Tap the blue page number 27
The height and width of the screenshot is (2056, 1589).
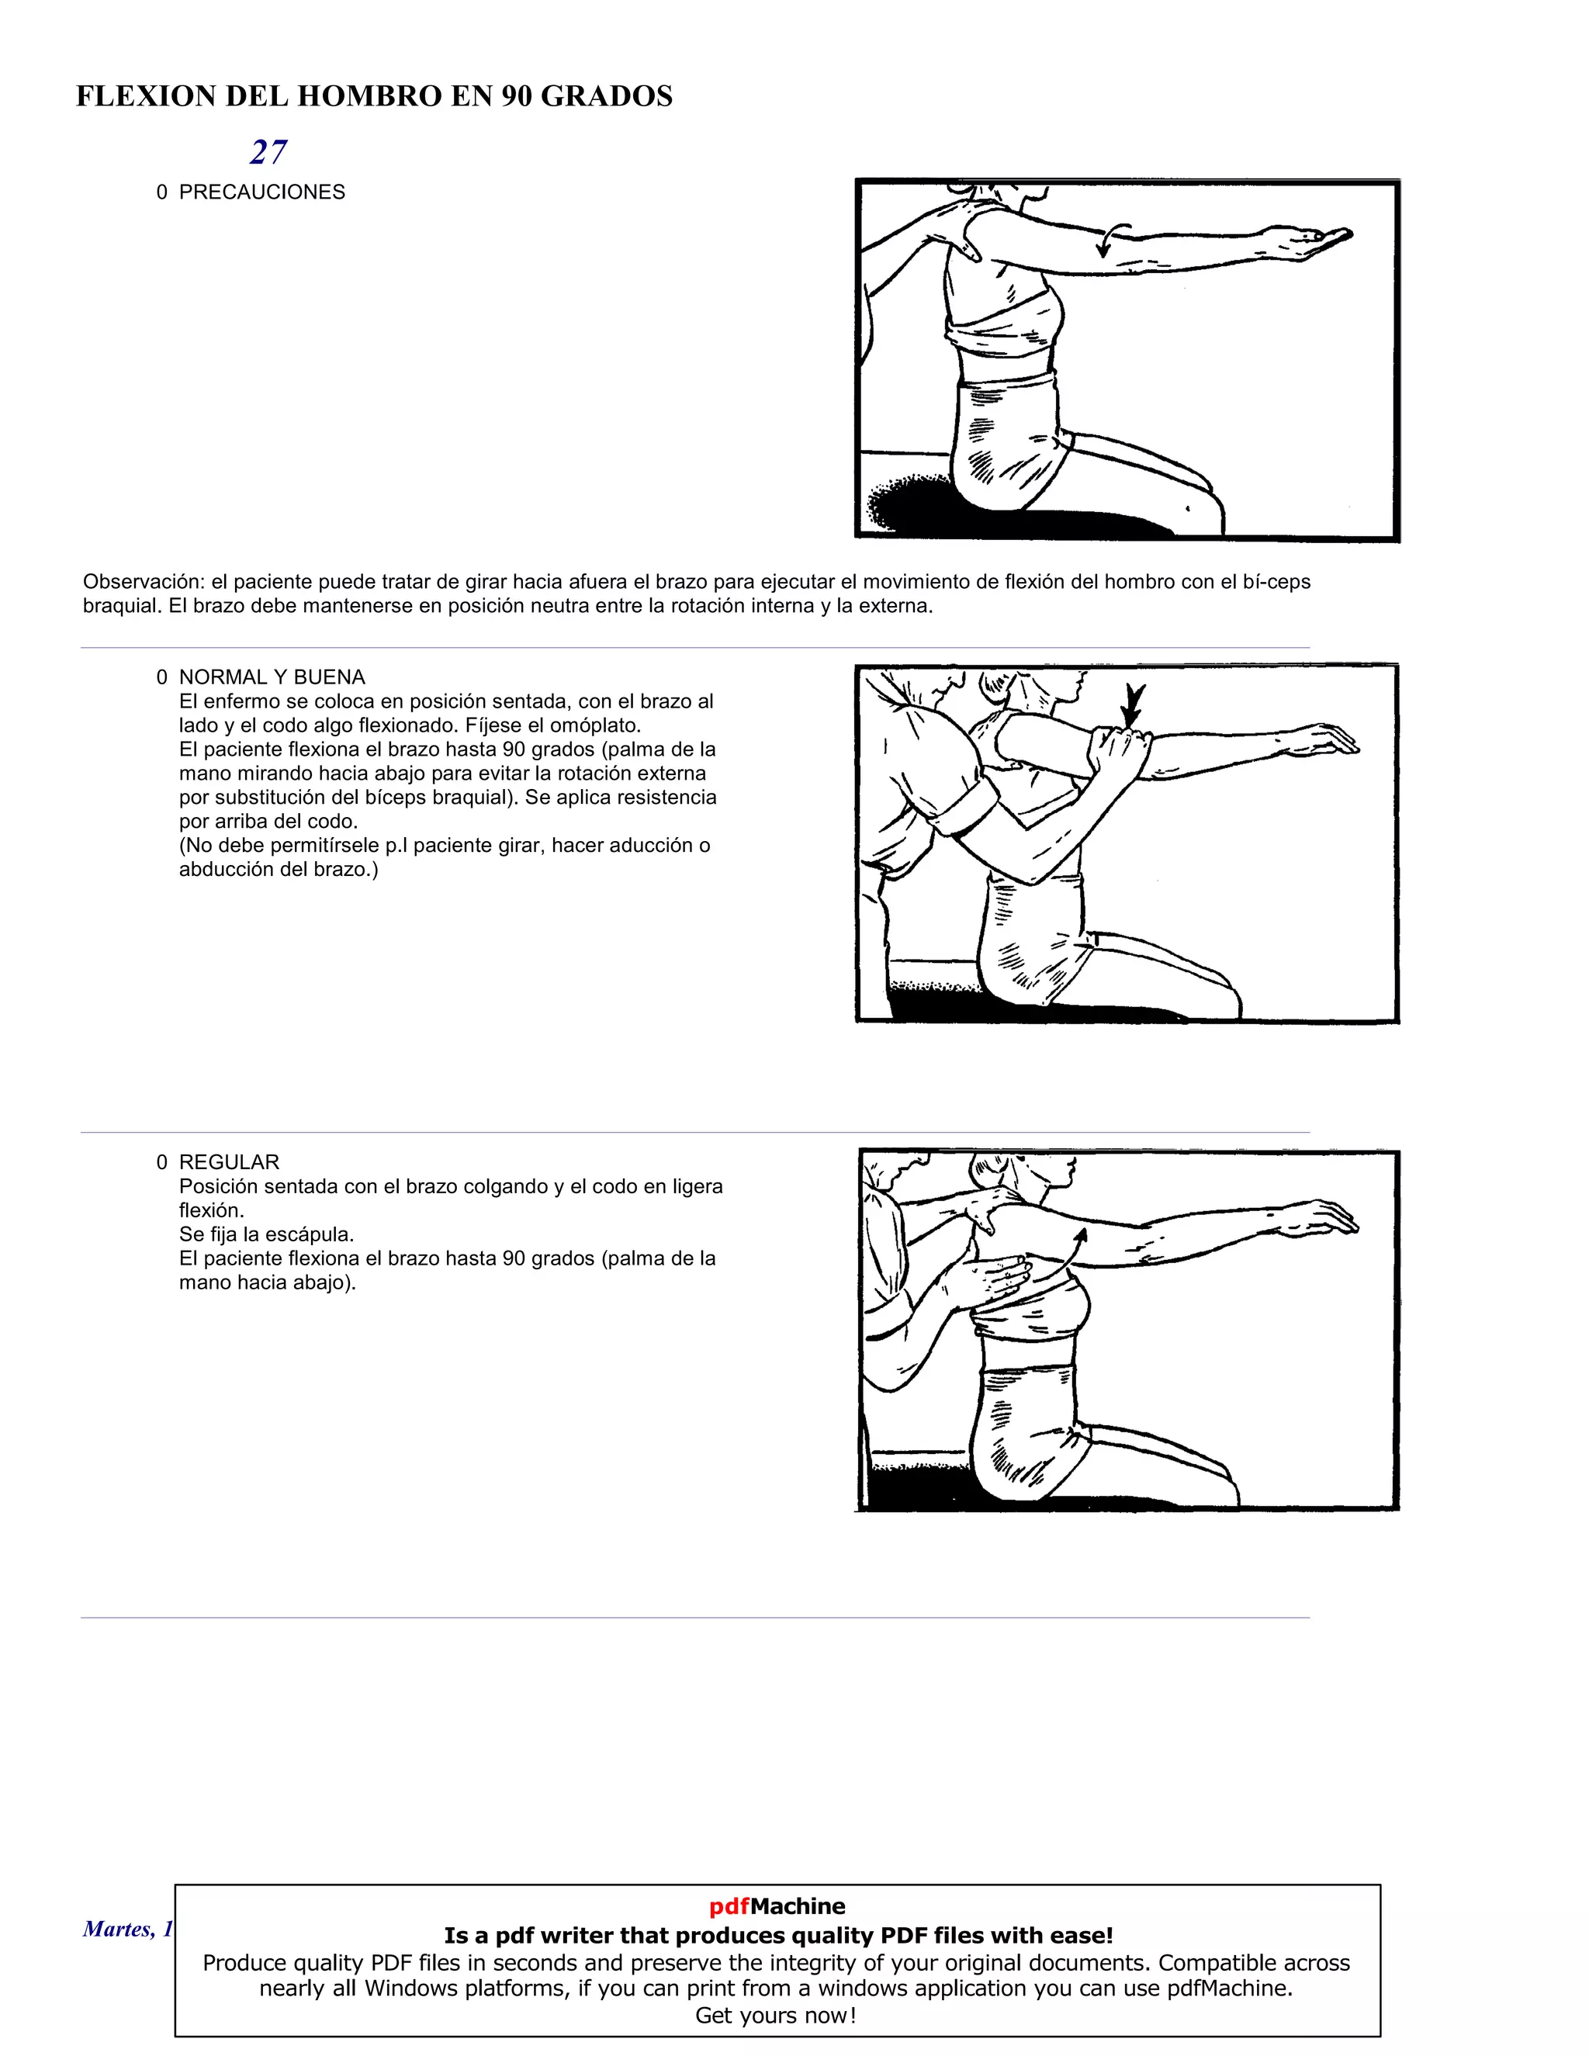point(268,151)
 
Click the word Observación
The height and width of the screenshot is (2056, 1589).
point(142,582)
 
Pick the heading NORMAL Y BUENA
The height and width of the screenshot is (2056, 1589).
point(272,677)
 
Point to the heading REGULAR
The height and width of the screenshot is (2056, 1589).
point(229,1161)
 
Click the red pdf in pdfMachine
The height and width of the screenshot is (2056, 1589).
point(729,1906)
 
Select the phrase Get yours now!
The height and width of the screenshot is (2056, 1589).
point(776,2016)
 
